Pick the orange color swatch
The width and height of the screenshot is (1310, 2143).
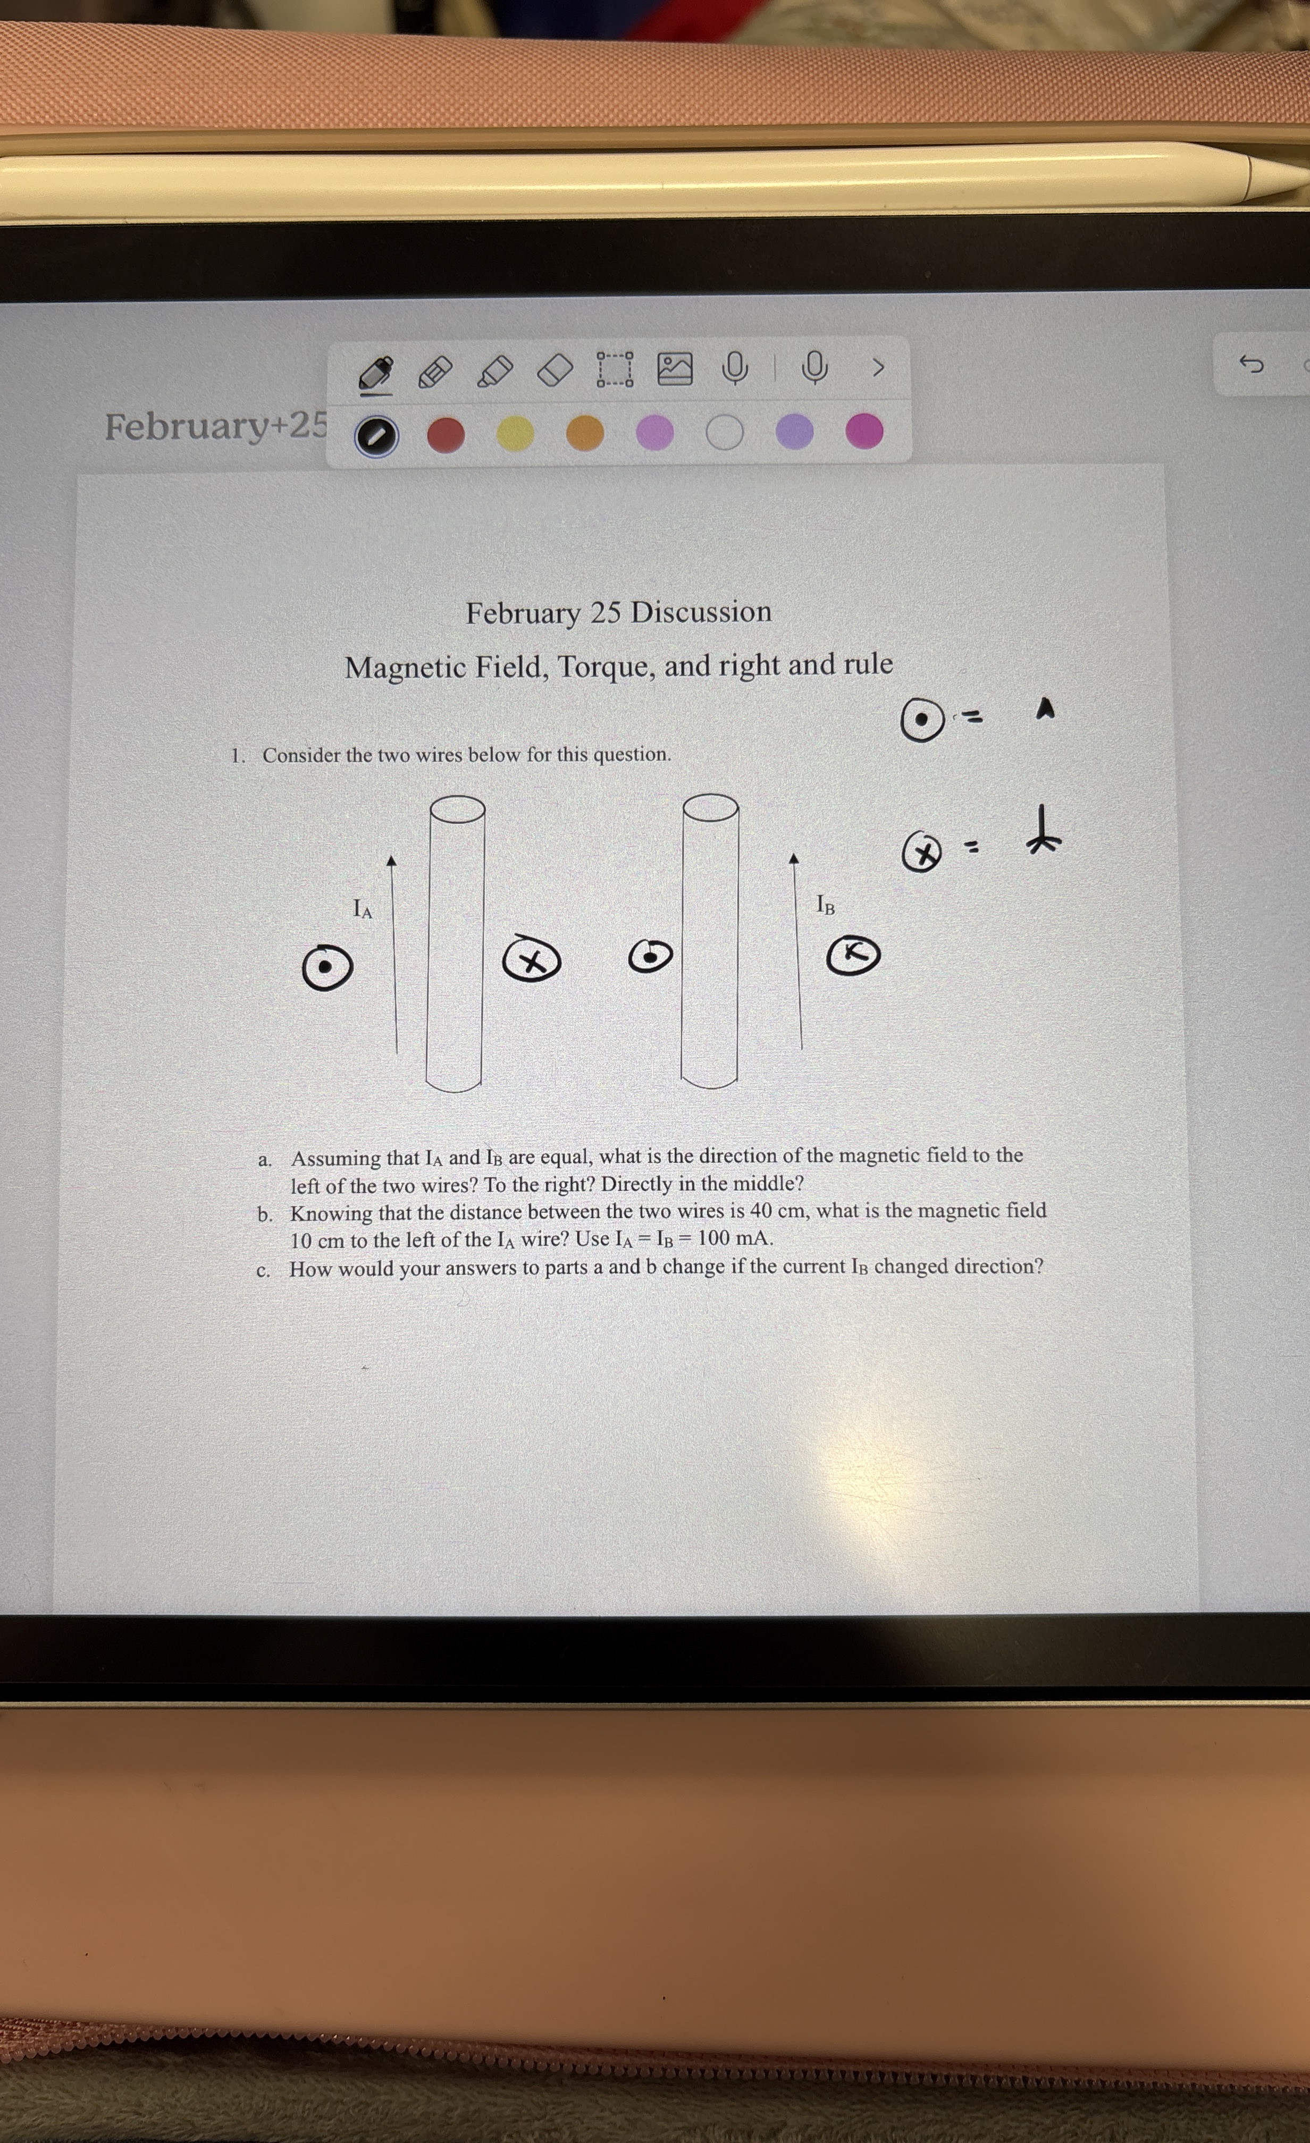[584, 432]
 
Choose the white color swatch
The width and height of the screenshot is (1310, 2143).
[725, 432]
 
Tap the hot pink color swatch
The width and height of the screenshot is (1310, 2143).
[864, 431]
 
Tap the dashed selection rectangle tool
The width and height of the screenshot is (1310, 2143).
[615, 369]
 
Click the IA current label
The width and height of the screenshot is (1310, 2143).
[363, 909]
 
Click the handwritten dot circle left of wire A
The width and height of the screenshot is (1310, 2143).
[327, 967]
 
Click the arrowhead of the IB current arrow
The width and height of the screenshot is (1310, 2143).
[793, 858]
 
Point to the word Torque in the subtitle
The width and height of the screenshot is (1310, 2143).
[606, 667]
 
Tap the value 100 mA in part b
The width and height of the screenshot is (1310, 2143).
[735, 1238]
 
